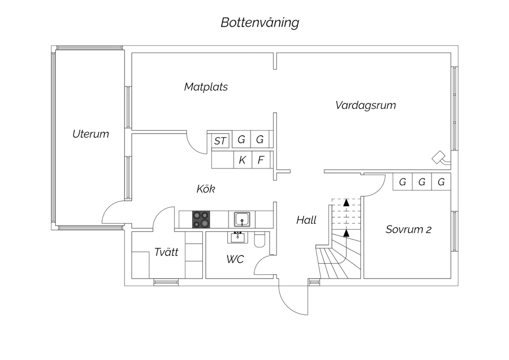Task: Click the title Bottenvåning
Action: (x=260, y=23)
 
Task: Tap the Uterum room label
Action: (x=91, y=134)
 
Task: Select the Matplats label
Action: (x=206, y=87)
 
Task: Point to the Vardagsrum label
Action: (x=365, y=105)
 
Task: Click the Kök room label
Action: (x=206, y=189)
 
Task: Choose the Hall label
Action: (x=306, y=220)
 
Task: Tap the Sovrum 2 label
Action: (x=408, y=230)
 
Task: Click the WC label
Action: (x=235, y=259)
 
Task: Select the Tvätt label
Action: (x=166, y=252)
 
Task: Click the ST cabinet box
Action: (x=220, y=141)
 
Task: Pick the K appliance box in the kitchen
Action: (x=242, y=160)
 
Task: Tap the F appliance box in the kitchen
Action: (x=261, y=160)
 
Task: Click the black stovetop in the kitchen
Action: (x=201, y=219)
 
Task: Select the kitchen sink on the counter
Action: (x=242, y=219)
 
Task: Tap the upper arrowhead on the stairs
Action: (x=346, y=203)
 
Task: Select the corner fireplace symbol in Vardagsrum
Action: (x=438, y=157)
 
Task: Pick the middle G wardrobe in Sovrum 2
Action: (x=422, y=182)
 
